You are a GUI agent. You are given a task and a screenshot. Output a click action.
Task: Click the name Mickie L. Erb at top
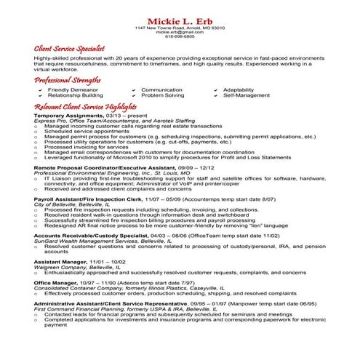click(180, 20)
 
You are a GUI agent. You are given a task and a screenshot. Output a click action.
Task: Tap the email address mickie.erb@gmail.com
click(180, 32)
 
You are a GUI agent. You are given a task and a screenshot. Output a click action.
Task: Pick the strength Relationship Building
click(76, 95)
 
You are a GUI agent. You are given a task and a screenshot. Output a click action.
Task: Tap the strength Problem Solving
click(163, 95)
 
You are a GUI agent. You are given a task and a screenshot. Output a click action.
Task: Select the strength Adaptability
click(239, 89)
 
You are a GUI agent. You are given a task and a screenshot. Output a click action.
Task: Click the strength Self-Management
click(245, 95)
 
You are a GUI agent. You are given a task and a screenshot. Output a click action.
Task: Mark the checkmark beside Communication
click(134, 89)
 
